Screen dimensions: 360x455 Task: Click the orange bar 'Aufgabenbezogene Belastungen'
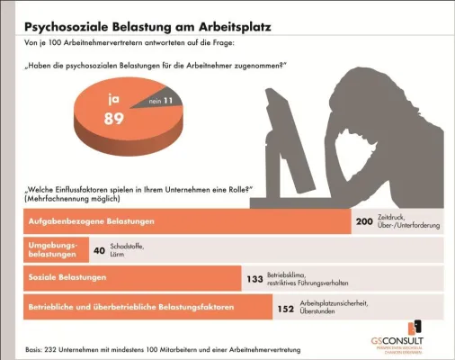click(180, 220)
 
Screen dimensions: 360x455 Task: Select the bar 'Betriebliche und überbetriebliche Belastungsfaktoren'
click(144, 308)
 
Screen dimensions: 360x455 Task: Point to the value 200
click(364, 220)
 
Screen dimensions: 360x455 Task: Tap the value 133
click(254, 279)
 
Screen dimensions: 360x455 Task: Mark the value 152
click(285, 309)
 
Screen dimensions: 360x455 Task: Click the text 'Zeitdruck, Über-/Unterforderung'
click(408, 220)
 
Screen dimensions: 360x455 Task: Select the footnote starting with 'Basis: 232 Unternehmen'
click(161, 348)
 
